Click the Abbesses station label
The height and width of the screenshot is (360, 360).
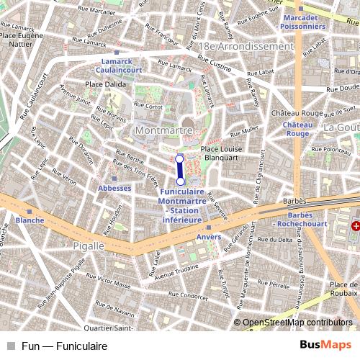pyautogui.click(x=114, y=188)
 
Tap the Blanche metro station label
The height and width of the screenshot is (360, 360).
pyautogui.click(x=30, y=220)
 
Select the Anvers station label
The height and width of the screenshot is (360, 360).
pyautogui.click(x=209, y=237)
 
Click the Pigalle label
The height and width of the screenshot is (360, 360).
pyautogui.click(x=89, y=246)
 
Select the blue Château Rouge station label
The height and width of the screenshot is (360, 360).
pyautogui.click(x=297, y=129)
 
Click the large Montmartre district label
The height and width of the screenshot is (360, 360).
pyautogui.click(x=163, y=130)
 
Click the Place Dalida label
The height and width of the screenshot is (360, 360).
pyautogui.click(x=106, y=84)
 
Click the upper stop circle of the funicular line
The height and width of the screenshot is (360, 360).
pyautogui.click(x=180, y=157)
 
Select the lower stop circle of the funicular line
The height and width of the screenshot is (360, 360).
pyautogui.click(x=180, y=181)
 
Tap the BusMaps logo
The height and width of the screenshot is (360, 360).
pyautogui.click(x=325, y=346)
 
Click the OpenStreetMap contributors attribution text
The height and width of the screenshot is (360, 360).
pyautogui.click(x=297, y=323)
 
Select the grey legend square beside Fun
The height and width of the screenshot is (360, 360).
pyautogui.click(x=11, y=346)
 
